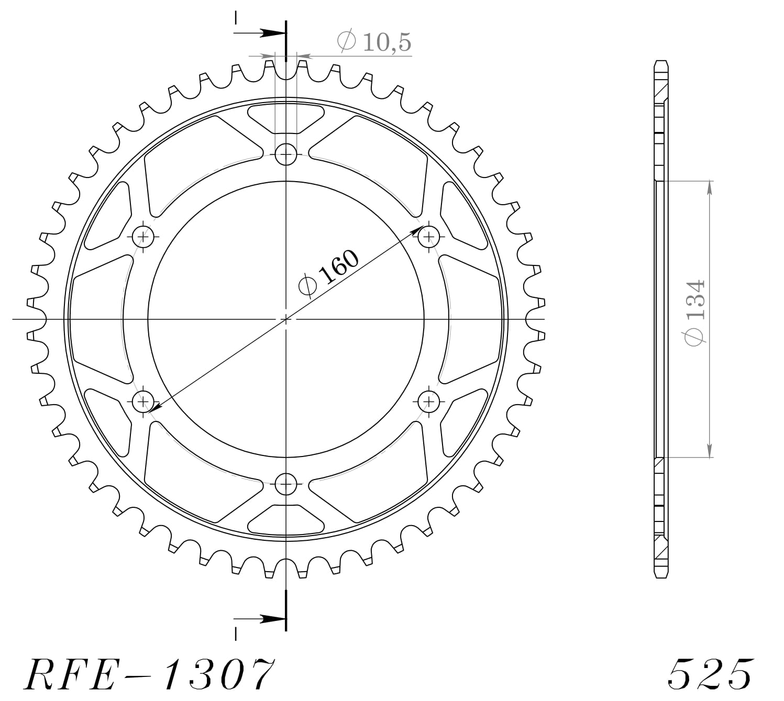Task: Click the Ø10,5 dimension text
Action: (374, 42)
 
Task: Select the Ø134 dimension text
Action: (695, 313)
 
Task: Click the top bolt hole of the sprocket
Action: (286, 154)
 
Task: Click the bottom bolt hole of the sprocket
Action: (286, 484)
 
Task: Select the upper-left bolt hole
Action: (142, 237)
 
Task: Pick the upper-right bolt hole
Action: (429, 237)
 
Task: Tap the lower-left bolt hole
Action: (142, 402)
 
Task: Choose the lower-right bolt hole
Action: (429, 402)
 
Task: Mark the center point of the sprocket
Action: (286, 319)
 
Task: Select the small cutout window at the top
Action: (286, 118)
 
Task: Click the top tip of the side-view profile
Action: (661, 61)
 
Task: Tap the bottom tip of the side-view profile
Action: (661, 577)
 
